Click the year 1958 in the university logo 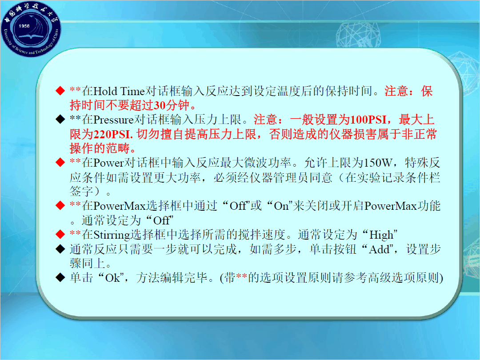[24, 26]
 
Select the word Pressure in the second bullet [113, 120]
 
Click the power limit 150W [377, 163]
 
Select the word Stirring [112, 235]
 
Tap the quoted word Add [379, 249]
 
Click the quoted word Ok [112, 278]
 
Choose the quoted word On [281, 206]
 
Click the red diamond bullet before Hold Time [60, 91]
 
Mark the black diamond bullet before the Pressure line [60, 120]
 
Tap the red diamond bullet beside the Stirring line [60, 234]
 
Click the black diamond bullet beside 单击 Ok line [60, 277]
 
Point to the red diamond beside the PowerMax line [60, 205]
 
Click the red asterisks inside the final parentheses [241, 276]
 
